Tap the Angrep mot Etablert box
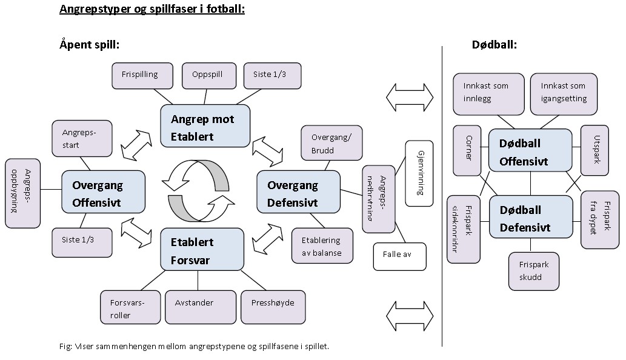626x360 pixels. click(205, 125)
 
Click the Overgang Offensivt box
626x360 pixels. click(104, 192)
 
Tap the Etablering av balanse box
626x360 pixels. click(321, 246)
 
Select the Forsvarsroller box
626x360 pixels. click(130, 307)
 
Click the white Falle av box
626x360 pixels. click(399, 255)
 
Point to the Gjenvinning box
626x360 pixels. click(419, 173)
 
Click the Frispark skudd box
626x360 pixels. click(533, 270)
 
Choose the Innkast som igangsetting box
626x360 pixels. click(563, 94)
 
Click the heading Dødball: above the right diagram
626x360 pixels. click(494, 45)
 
